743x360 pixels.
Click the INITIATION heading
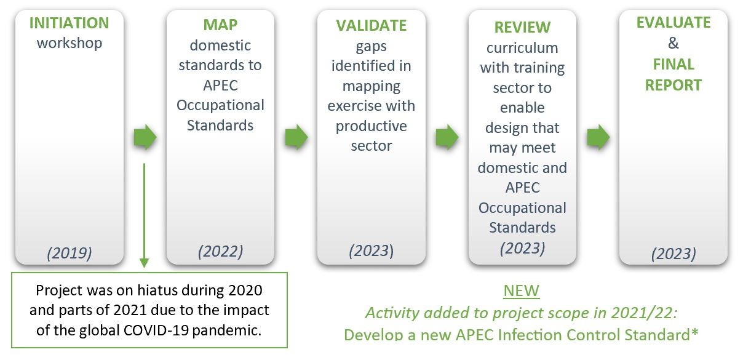[x=69, y=23]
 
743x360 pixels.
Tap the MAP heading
[x=220, y=25]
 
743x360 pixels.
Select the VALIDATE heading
[x=371, y=26]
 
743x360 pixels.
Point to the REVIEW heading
[x=522, y=27]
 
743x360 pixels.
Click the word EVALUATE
[x=673, y=23]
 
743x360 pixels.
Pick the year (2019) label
[x=70, y=253]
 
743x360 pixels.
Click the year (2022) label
[x=221, y=252]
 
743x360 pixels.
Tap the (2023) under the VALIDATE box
[x=371, y=251]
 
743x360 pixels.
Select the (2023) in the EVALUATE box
[x=673, y=254]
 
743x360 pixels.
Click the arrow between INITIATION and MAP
[x=145, y=137]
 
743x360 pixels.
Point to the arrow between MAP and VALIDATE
[x=296, y=137]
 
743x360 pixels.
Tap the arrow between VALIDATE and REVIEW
[x=447, y=137]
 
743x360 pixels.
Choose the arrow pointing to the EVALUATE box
[x=598, y=137]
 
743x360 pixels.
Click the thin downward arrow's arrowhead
[x=145, y=263]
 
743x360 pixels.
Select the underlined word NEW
[x=522, y=291]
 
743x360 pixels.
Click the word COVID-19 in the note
[x=156, y=330]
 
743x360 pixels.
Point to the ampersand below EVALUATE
[x=673, y=43]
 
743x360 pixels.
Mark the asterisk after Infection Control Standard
[x=695, y=332]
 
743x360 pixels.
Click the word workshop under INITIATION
[x=70, y=43]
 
